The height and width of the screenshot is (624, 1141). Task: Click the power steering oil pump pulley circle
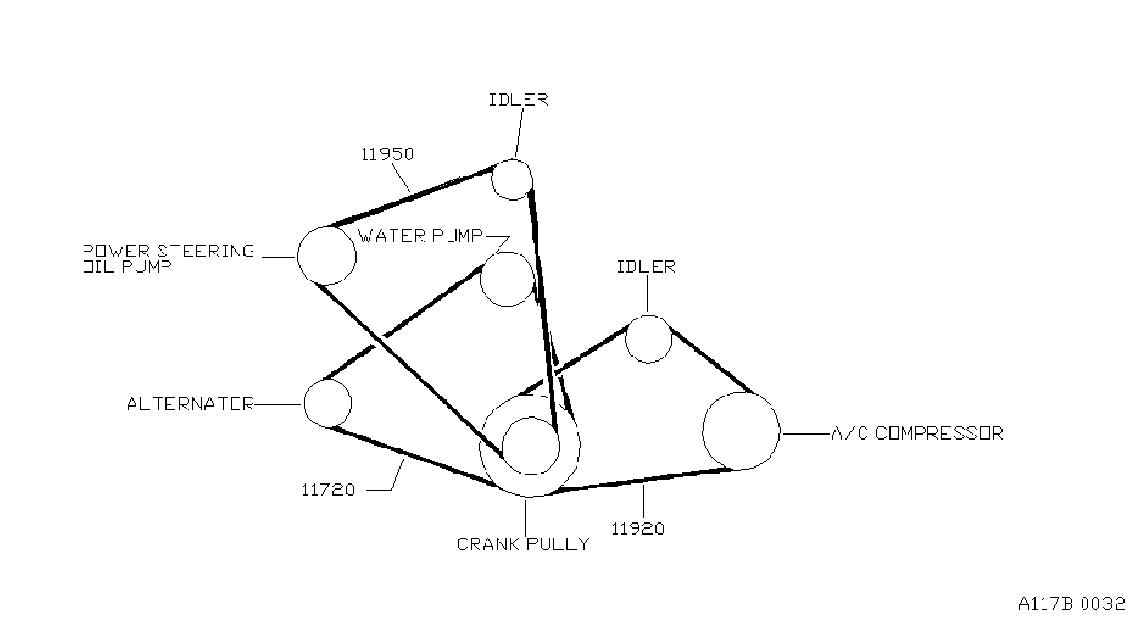(297, 255)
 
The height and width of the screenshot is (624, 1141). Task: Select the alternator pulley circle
(305, 403)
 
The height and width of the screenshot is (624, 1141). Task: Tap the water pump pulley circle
(481, 279)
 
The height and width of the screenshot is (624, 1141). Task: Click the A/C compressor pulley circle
(703, 431)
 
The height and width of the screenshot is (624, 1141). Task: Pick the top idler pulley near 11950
(492, 179)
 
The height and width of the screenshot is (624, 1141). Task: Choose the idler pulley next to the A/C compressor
(626, 339)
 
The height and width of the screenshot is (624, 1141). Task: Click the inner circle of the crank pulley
(503, 446)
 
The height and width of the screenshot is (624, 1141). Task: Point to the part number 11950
(388, 154)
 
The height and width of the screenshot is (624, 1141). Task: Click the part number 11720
(328, 490)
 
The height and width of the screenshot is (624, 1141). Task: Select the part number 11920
(638, 528)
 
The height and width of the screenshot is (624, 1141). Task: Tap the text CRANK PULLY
(523, 544)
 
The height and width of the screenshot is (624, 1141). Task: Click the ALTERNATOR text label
(190, 405)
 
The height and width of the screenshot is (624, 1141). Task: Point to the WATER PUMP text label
(421, 236)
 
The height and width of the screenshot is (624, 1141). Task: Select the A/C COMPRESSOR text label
(917, 434)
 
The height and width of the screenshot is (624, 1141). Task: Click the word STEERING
(205, 251)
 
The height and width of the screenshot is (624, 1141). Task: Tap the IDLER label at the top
(519, 100)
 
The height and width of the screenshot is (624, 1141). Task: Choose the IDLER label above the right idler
(646, 266)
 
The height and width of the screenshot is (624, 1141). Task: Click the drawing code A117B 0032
(1071, 604)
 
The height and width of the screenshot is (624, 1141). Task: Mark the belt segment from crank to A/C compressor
(642, 480)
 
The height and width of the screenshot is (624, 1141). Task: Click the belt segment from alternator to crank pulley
(414, 457)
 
